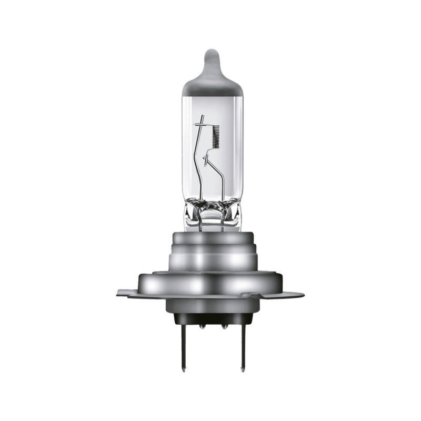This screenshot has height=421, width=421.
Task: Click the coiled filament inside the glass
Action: tap(215, 138)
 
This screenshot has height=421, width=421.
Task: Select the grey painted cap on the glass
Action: tap(210, 79)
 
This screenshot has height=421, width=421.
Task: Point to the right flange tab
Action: tap(297, 291)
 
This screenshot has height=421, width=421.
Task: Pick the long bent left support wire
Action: tap(199, 163)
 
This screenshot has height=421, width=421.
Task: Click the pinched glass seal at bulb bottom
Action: tap(210, 210)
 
